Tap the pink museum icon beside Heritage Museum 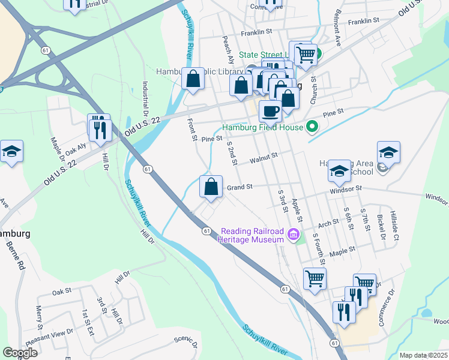pos(294,235)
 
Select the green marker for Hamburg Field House pos(311,127)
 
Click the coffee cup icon pos(270,111)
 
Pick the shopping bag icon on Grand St pos(211,187)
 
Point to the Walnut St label pos(264,157)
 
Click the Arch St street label pos(328,223)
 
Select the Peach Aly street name pos(229,49)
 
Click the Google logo pos(20,353)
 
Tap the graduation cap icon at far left pos(11,152)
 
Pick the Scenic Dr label pos(185,342)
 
